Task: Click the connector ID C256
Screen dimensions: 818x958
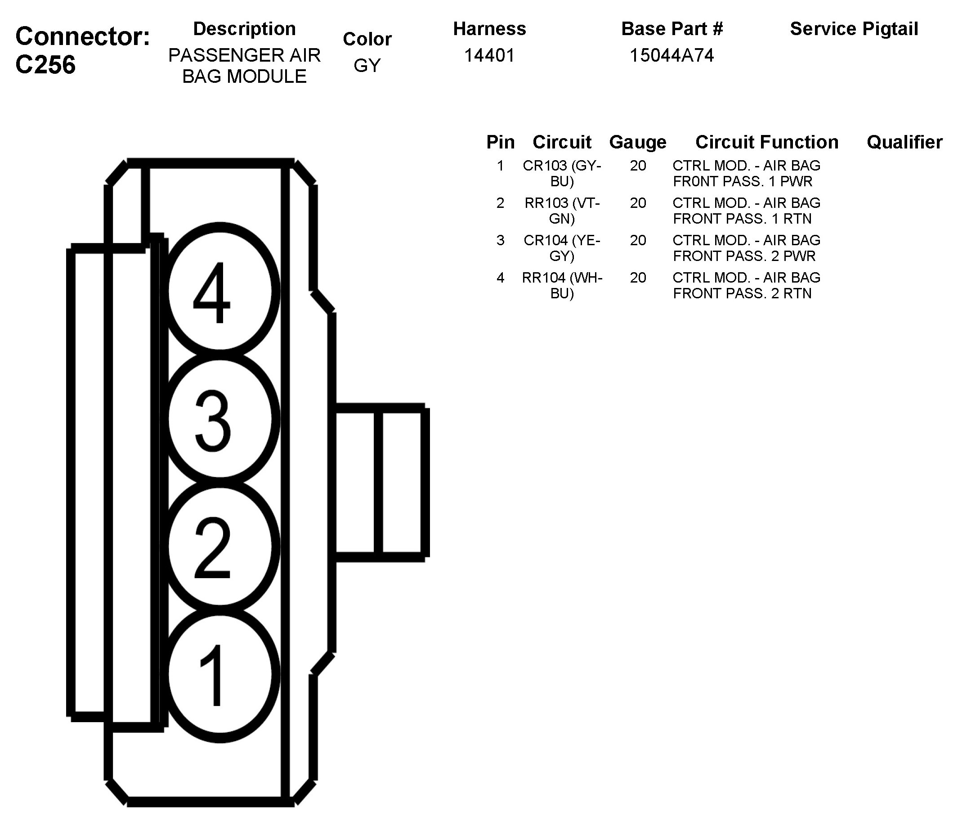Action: (45, 64)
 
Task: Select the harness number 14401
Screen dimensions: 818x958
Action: (489, 55)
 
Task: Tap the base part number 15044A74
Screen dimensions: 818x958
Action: (672, 55)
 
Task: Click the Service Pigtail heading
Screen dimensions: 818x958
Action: (854, 29)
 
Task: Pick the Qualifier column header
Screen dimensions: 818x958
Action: (904, 142)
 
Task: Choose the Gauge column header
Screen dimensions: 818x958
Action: (638, 142)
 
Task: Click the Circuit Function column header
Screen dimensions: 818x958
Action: (766, 142)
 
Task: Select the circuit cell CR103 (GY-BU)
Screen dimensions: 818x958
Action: (562, 173)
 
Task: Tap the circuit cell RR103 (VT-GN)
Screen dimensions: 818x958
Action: (562, 211)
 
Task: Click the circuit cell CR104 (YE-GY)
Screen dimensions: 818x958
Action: (562, 248)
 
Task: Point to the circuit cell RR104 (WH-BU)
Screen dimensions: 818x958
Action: (562, 285)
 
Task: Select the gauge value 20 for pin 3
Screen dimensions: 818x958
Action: (638, 240)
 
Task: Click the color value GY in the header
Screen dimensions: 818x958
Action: (367, 66)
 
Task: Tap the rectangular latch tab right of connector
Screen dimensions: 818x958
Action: (380, 482)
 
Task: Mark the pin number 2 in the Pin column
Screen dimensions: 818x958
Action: (500, 203)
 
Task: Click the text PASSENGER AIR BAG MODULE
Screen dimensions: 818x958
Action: (244, 66)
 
